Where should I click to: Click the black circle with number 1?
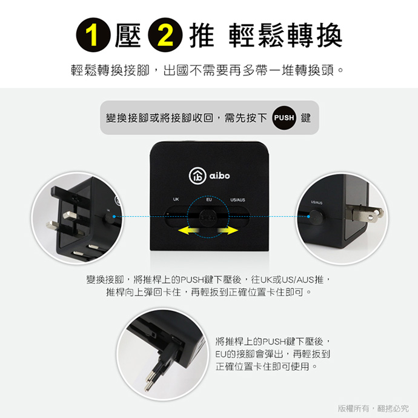click(93, 35)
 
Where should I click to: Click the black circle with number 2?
click(165, 35)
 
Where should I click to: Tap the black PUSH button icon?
click(284, 118)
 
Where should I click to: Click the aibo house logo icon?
click(197, 176)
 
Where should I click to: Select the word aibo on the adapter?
click(219, 176)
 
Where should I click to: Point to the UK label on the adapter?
click(176, 199)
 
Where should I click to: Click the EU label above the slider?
click(209, 199)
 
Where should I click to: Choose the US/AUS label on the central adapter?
click(237, 200)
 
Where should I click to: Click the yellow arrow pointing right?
click(228, 231)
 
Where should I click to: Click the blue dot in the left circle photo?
click(114, 216)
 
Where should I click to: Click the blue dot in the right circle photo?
click(308, 216)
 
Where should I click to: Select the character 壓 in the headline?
click(128, 35)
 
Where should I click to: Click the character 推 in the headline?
click(202, 35)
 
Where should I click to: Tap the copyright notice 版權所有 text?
click(353, 408)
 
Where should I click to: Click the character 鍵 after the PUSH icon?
click(306, 118)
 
